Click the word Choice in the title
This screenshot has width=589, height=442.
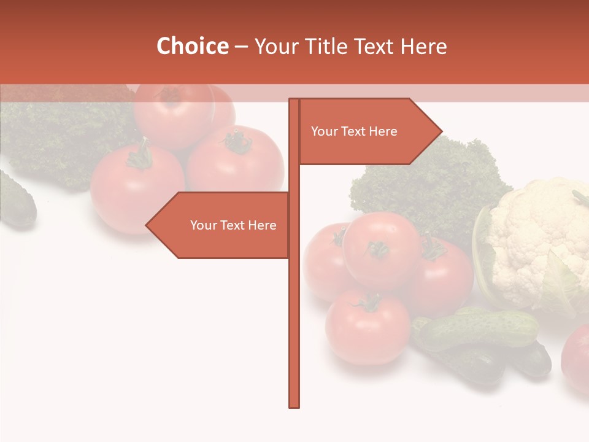[x=192, y=47]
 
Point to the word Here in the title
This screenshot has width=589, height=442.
[x=423, y=47]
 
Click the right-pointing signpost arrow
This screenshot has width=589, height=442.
[x=368, y=131]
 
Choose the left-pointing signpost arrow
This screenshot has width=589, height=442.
[x=221, y=225]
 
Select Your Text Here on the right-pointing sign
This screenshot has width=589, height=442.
[x=354, y=131]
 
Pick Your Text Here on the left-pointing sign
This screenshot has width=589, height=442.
[x=233, y=225]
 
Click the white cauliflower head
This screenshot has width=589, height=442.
[x=537, y=239]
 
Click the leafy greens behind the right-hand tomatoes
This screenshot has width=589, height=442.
[x=429, y=184]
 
